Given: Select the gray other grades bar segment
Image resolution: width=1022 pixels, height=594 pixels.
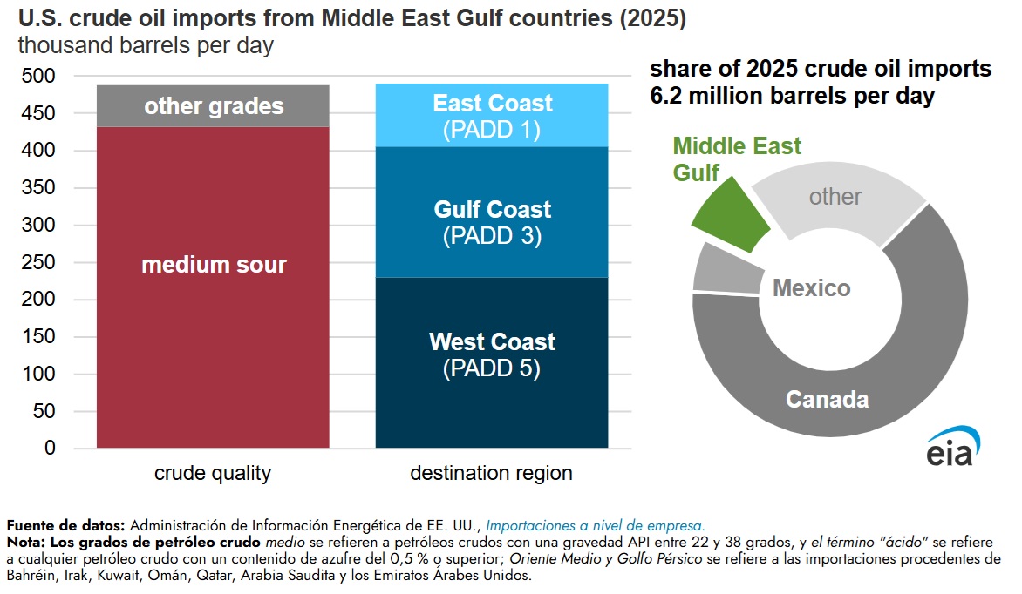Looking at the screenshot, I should [213, 106].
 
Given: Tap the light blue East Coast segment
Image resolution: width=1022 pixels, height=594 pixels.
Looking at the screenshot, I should [491, 116].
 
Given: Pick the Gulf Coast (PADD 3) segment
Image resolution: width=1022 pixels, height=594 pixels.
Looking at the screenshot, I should [491, 222].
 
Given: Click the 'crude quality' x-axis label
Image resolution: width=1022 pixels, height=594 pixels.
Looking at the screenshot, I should [213, 474].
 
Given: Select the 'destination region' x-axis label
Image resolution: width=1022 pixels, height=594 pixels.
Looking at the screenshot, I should [491, 474].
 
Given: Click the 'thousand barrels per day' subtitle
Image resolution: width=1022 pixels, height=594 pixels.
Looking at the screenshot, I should [146, 46].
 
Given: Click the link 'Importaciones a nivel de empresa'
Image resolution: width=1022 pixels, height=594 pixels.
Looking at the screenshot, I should [595, 525].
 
